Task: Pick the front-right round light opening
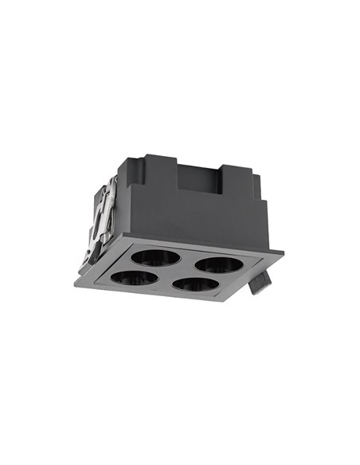(196, 284)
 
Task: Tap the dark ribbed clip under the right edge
(259, 283)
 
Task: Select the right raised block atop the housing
(239, 177)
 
